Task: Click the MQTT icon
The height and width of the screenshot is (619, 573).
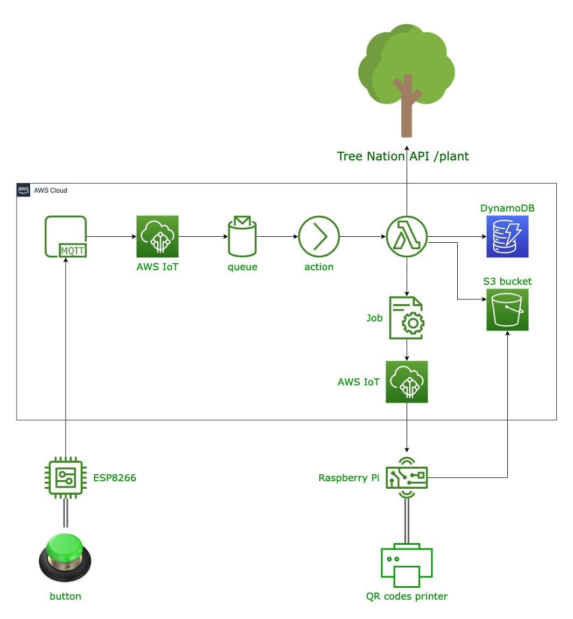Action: pyautogui.click(x=66, y=236)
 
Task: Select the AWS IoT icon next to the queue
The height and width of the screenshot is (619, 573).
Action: pyautogui.click(x=157, y=236)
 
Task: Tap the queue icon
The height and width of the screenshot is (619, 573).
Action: pyautogui.click(x=242, y=236)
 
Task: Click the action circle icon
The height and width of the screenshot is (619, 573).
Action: pyautogui.click(x=319, y=236)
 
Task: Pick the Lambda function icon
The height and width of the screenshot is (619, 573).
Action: pyautogui.click(x=407, y=236)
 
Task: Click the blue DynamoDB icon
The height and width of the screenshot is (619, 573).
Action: pyautogui.click(x=507, y=236)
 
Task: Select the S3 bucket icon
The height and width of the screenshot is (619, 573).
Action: pyautogui.click(x=507, y=309)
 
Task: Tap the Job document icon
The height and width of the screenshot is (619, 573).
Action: pyautogui.click(x=407, y=318)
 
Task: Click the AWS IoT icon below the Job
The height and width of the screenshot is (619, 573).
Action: pyautogui.click(x=407, y=382)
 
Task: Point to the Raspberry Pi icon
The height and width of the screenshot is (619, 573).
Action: pyautogui.click(x=407, y=477)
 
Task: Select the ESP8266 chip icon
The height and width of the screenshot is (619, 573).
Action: pyautogui.click(x=65, y=477)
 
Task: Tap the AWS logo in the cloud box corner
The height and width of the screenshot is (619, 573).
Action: pyautogui.click(x=23, y=190)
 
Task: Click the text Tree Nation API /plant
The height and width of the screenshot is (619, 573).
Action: pyautogui.click(x=403, y=156)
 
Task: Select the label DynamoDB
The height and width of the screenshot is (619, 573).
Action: pyautogui.click(x=507, y=208)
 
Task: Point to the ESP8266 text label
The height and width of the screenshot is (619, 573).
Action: pyautogui.click(x=115, y=477)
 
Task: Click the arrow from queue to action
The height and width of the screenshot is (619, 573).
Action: pyautogui.click(x=277, y=236)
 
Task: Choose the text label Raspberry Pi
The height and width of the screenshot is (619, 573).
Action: pyautogui.click(x=349, y=477)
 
